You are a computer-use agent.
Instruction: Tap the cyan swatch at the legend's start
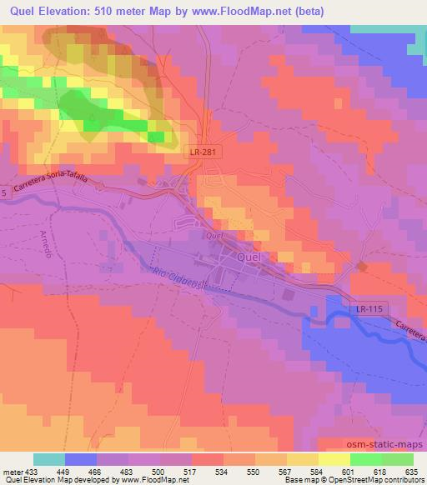[48, 459]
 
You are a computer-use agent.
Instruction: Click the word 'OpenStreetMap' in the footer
[351, 481]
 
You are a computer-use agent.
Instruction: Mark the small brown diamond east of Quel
[361, 266]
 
